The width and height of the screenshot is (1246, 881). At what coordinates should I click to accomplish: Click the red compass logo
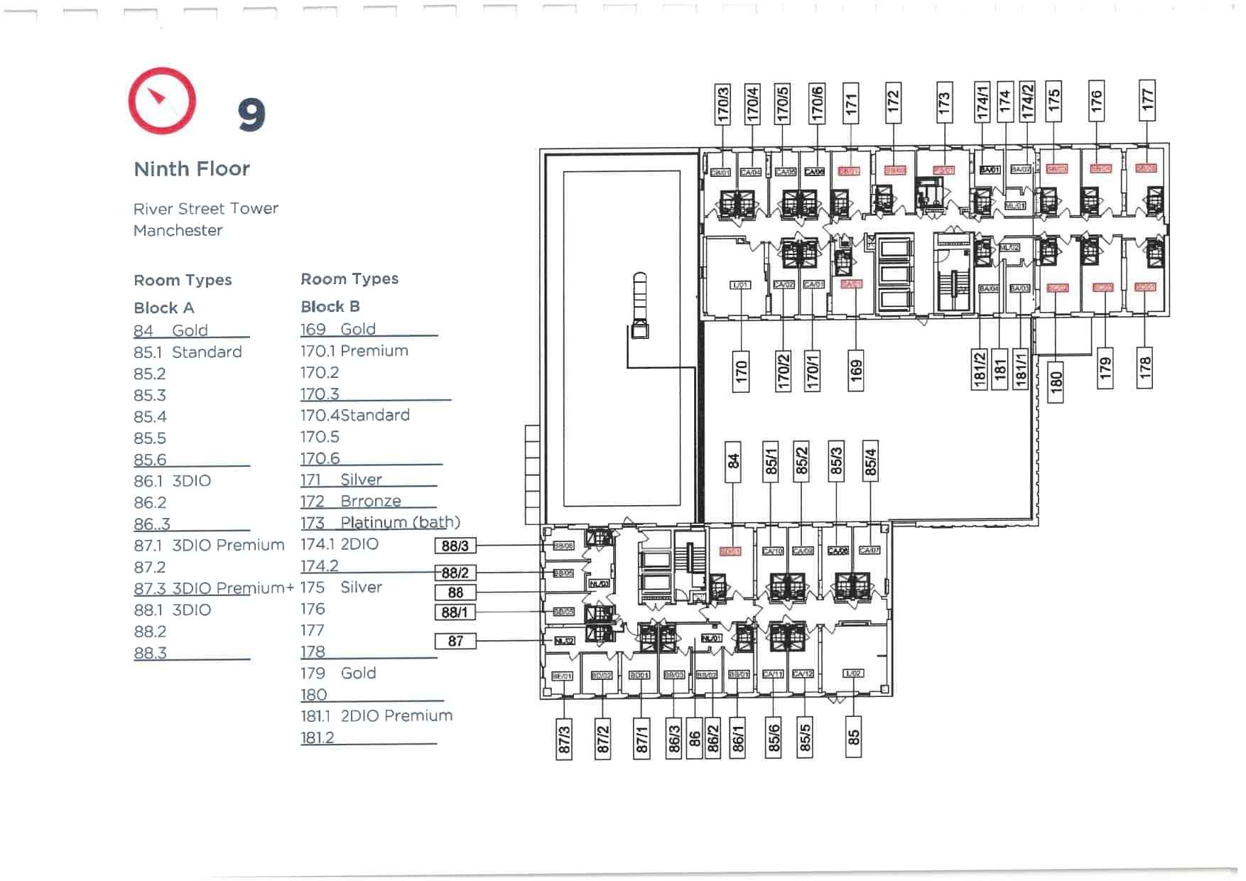tap(162, 101)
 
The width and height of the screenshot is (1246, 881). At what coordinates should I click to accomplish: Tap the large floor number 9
tap(251, 115)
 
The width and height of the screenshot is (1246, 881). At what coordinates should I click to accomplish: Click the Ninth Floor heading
tap(192, 169)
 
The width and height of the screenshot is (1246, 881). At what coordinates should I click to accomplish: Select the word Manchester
tap(178, 230)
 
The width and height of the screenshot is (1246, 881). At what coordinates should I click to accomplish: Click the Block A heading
tap(164, 308)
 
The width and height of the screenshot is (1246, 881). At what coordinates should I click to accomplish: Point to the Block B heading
tap(330, 306)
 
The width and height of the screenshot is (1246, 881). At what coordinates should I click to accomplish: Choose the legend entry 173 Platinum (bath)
tap(380, 522)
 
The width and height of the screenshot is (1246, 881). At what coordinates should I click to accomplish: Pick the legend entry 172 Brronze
tap(351, 501)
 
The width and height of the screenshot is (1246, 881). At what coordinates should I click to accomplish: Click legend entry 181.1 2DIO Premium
tap(376, 715)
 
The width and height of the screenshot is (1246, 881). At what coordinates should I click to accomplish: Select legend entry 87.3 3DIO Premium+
tap(213, 588)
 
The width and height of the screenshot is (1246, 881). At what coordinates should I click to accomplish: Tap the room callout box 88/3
tap(455, 546)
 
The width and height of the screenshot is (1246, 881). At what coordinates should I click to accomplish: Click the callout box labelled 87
tap(455, 642)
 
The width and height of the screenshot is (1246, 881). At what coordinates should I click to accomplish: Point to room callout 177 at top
tap(1147, 99)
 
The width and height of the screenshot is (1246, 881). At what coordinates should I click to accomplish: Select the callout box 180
tap(1056, 382)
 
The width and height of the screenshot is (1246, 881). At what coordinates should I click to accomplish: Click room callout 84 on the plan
tap(733, 460)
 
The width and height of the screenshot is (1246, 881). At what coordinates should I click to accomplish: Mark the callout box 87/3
tap(564, 739)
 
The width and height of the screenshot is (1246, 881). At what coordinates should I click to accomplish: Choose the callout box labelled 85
tap(854, 737)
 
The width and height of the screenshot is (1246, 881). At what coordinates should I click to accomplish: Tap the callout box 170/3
tap(722, 104)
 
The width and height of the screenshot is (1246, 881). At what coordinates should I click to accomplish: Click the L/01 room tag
tap(740, 285)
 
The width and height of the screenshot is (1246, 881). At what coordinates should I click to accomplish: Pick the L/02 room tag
tap(853, 673)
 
